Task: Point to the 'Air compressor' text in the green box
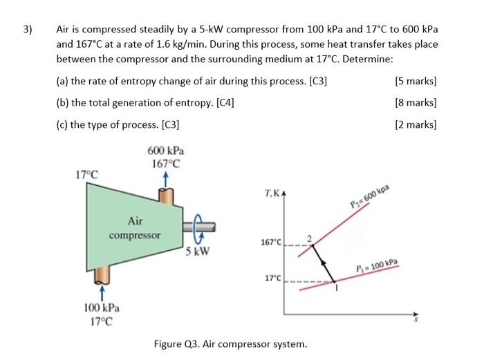click(135, 227)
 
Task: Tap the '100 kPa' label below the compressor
click(101, 308)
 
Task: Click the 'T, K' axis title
click(272, 195)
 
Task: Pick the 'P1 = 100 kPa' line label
click(378, 266)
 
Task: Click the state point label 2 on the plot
click(310, 239)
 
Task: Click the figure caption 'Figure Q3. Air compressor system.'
click(231, 343)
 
